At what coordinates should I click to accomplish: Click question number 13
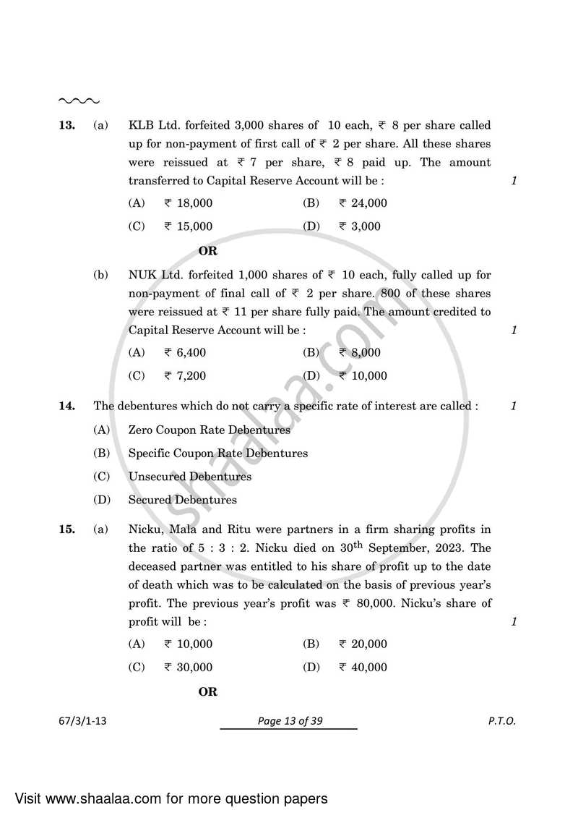66,125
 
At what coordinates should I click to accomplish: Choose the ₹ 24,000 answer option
363,203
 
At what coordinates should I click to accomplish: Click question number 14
66,406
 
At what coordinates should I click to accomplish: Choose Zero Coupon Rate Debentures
209,430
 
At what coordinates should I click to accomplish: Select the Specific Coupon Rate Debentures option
217,453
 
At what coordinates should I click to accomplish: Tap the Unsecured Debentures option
190,477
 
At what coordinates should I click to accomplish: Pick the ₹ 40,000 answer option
363,668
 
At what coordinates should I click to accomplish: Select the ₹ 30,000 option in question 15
188,668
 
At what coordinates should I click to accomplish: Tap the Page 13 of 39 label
288,721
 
